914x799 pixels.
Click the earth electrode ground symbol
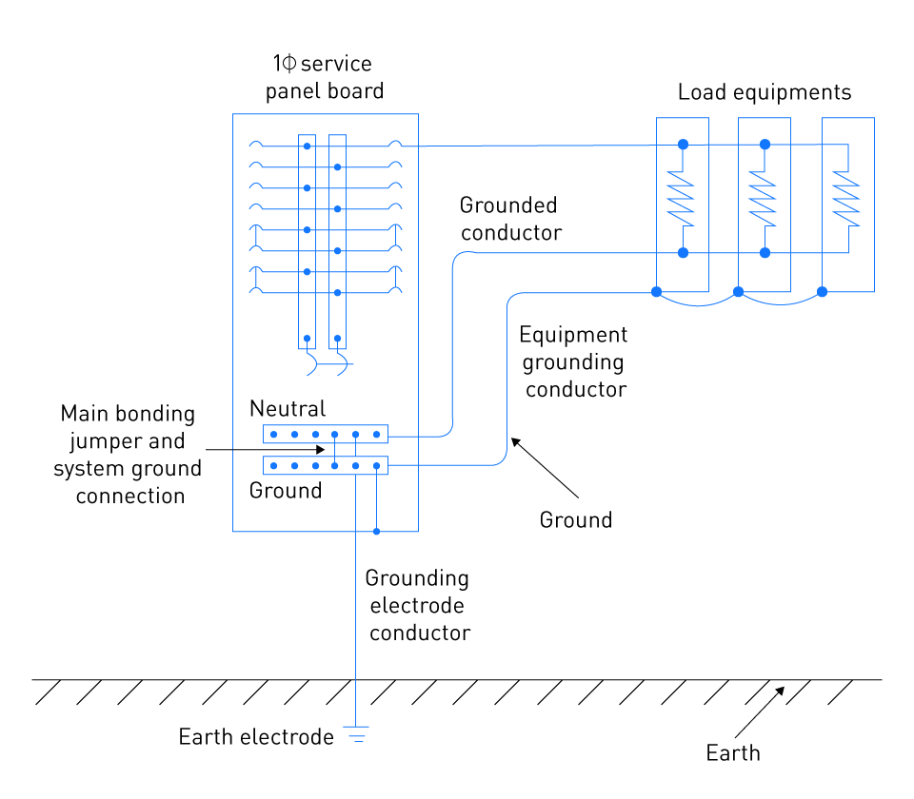coord(355,734)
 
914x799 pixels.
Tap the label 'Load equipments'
coord(765,92)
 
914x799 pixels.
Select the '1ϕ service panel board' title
coord(324,77)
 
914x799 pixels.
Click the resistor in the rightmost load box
coord(846,199)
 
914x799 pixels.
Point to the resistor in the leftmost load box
coord(680,199)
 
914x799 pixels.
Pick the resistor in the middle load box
coord(763,199)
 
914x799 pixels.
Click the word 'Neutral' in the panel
coord(288,409)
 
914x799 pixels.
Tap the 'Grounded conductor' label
coord(510,219)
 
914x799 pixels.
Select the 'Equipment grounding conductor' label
coord(574,361)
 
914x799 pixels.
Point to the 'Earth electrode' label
coord(256,736)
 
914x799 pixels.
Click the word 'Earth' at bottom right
coord(733,753)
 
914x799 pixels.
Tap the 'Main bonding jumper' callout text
coord(127,455)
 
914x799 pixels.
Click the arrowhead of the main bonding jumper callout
coord(321,450)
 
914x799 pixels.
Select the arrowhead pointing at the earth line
coord(780,692)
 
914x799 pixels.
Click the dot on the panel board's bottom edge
coord(377,531)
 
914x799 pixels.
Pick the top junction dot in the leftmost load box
coord(684,145)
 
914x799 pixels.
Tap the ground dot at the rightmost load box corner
coord(822,292)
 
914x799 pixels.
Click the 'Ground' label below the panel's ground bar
coord(286,491)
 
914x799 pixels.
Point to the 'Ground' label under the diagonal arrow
coord(576,520)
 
